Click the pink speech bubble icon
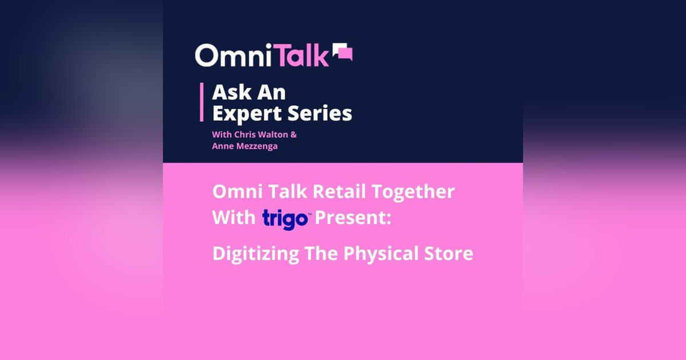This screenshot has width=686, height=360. pyautogui.click(x=342, y=53)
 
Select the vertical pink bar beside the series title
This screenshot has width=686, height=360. pyautogui.click(x=202, y=102)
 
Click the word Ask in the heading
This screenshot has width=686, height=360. pyautogui.click(x=229, y=93)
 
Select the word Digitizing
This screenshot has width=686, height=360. pyautogui.click(x=256, y=254)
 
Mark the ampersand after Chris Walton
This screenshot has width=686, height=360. pyautogui.click(x=294, y=135)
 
